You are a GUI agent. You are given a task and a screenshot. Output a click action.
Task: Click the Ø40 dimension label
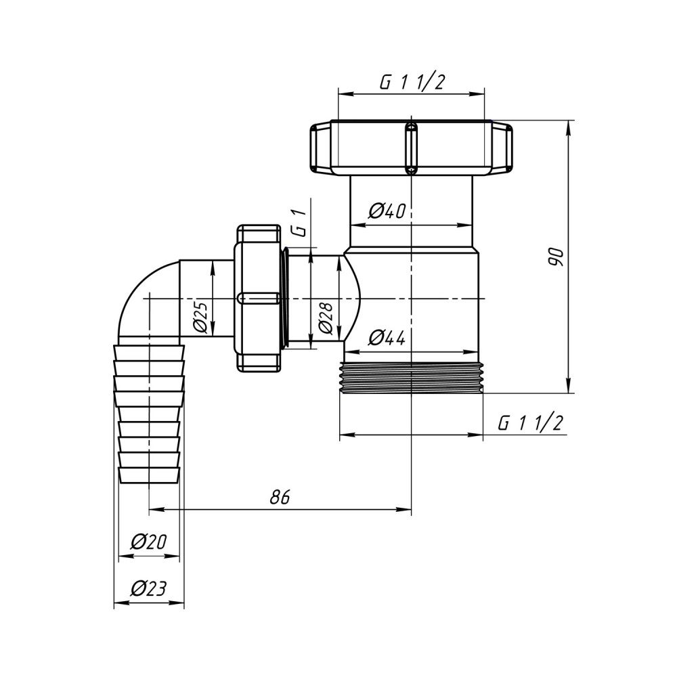click(x=387, y=211)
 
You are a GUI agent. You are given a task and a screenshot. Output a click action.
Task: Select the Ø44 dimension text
click(x=387, y=337)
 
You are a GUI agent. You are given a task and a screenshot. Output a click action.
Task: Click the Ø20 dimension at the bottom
click(x=149, y=541)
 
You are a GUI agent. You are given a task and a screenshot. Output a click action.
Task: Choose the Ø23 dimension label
click(x=149, y=588)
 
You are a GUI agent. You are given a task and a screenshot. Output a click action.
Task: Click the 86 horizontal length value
click(x=280, y=497)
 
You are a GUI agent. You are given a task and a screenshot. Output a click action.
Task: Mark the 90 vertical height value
click(x=556, y=257)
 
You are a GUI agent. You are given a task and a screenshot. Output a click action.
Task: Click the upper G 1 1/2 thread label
click(x=412, y=82)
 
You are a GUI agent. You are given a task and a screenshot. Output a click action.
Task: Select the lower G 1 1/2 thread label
click(x=530, y=423)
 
